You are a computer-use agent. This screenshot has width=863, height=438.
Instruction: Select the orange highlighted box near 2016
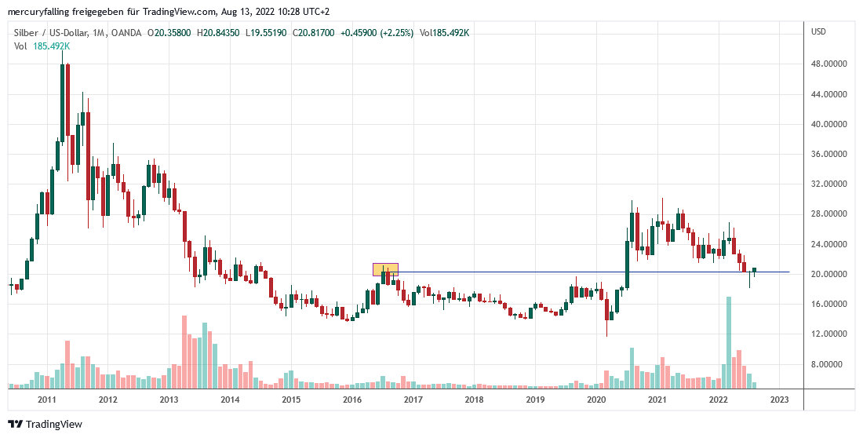385,269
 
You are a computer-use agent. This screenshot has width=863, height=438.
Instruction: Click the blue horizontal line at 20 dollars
588,272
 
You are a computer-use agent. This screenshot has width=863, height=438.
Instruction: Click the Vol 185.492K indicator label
42,46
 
